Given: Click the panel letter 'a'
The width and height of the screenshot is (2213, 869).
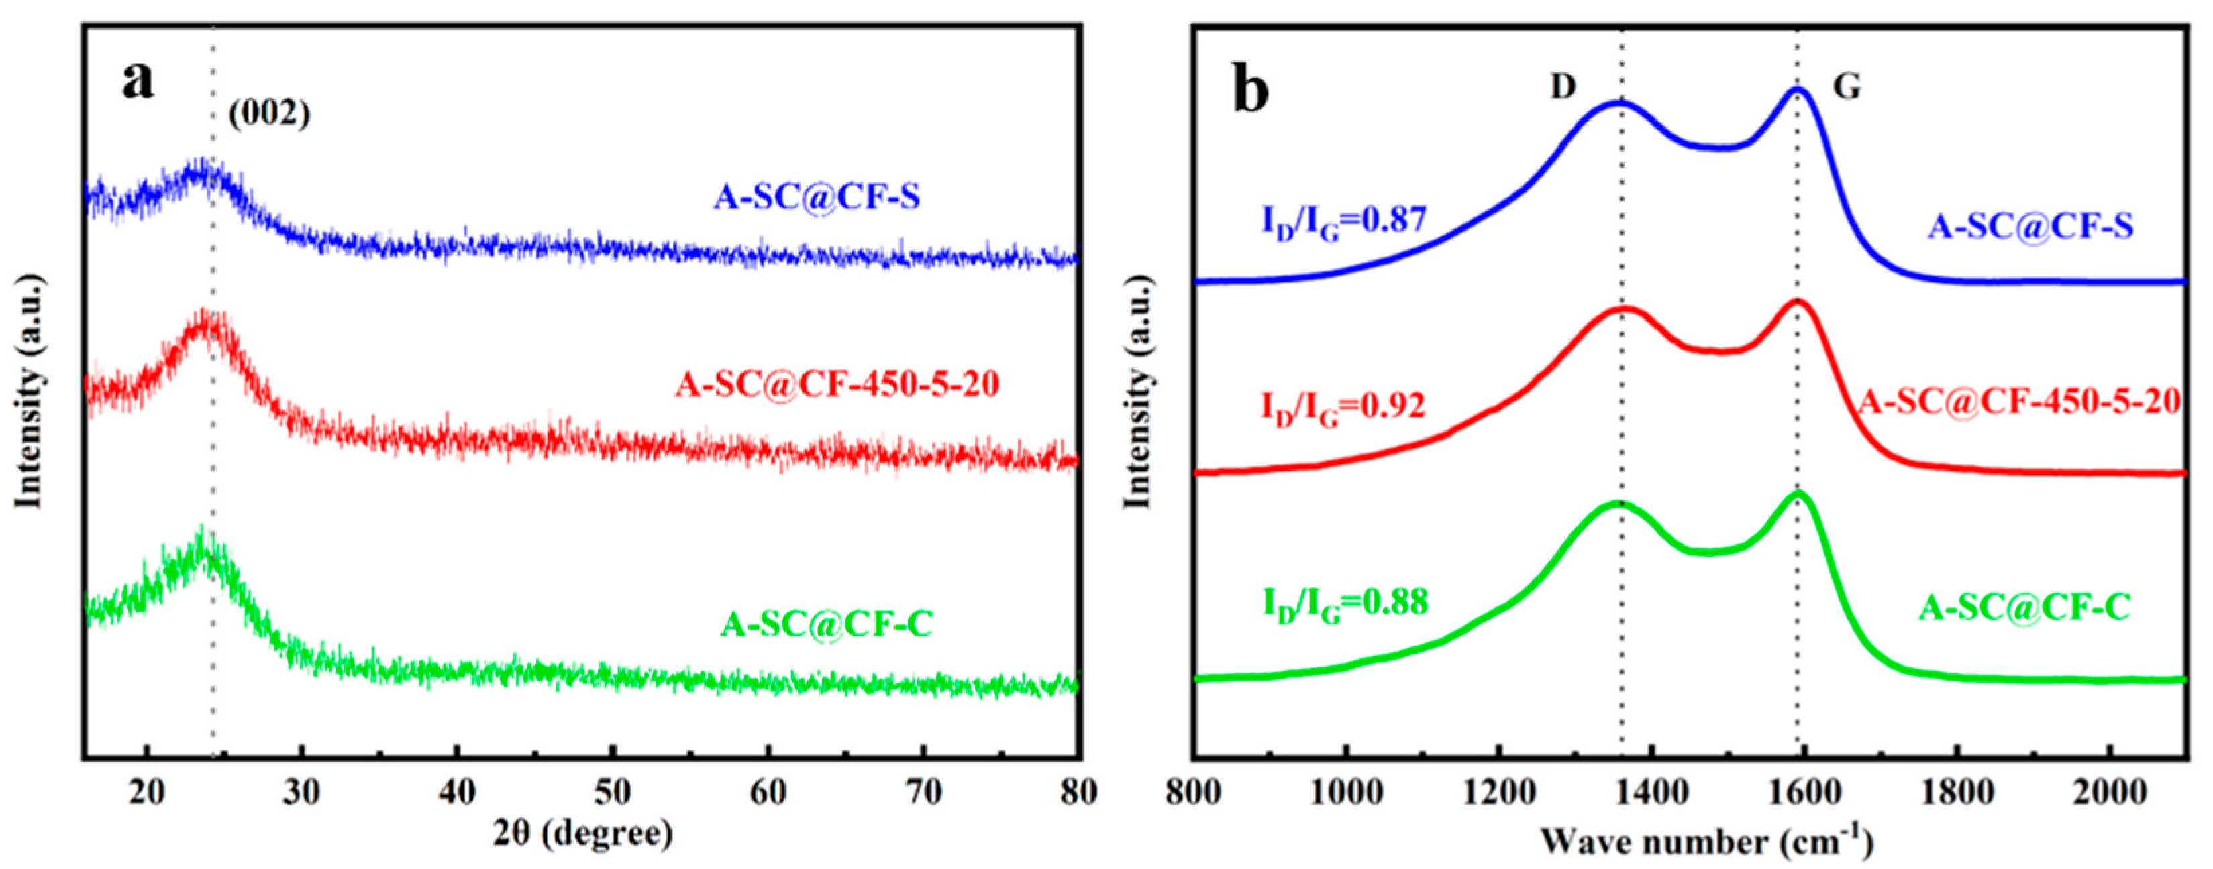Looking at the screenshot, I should click(x=138, y=82).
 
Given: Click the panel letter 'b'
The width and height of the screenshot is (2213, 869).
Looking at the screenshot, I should click(x=1251, y=91).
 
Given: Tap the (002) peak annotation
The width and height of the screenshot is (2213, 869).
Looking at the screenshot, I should click(x=269, y=114).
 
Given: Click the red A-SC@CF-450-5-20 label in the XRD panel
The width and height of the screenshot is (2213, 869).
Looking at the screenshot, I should click(x=837, y=384).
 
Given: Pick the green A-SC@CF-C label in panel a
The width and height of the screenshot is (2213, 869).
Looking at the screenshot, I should click(x=827, y=624).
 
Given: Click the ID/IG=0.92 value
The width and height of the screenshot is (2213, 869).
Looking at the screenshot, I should click(x=1343, y=407).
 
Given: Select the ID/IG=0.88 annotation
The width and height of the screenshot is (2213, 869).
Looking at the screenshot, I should click(x=1345, y=603).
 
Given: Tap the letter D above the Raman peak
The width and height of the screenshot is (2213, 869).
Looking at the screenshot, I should click(x=1563, y=110).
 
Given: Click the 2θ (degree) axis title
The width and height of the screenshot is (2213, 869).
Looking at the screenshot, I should click(x=582, y=833).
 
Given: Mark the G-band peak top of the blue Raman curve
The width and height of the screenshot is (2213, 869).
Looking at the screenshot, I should click(x=1796, y=89).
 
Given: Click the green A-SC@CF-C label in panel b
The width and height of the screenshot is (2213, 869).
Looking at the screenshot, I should click(x=2023, y=608).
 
